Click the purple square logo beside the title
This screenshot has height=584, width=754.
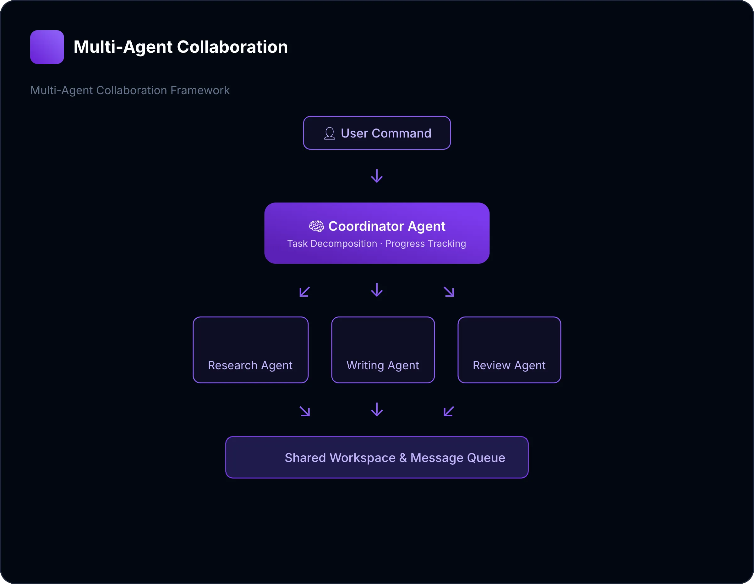point(47,47)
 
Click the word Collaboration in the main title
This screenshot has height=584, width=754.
point(232,47)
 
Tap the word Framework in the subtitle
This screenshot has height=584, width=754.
point(200,90)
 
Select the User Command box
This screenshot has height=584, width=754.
point(377,133)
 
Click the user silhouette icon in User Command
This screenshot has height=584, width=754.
point(329,133)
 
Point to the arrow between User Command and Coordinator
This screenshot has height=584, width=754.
point(377,176)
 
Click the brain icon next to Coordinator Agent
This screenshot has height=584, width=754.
point(316,226)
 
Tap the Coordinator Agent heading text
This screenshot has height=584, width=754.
point(387,226)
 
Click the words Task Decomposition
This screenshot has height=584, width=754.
point(332,244)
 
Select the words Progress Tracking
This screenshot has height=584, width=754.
point(425,244)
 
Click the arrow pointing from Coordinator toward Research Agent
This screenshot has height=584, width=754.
point(304,291)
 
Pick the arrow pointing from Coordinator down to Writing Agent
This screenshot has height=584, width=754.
point(377,290)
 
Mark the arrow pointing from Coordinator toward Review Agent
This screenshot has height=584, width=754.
point(449,291)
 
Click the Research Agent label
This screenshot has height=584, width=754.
point(250,365)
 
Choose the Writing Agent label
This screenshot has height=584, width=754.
point(383,365)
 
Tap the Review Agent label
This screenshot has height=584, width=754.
point(509,365)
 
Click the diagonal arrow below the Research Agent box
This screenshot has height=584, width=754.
point(305,411)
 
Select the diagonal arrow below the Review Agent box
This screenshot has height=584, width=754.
point(448,411)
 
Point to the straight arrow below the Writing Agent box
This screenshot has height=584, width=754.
point(377,410)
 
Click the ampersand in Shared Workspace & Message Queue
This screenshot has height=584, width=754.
point(403,458)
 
